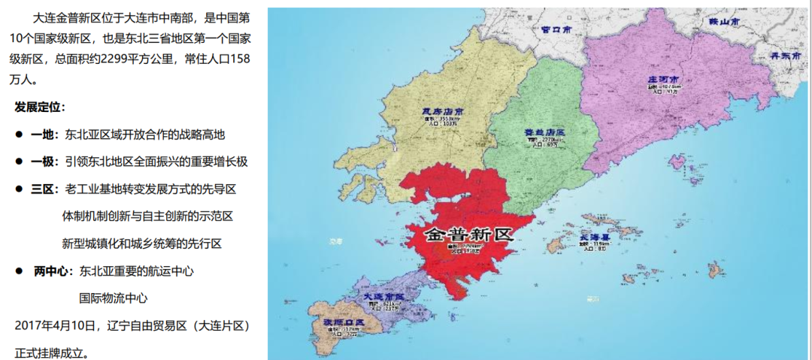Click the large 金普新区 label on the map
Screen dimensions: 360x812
(x=468, y=234)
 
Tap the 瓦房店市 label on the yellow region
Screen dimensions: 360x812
(x=443, y=113)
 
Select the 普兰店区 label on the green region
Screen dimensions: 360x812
(x=544, y=132)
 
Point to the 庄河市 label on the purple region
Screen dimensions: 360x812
(x=663, y=79)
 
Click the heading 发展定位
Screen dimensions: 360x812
(x=40, y=107)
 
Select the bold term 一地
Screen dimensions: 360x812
(x=42, y=135)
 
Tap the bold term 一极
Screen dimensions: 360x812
(x=42, y=162)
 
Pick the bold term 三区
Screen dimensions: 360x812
(x=42, y=189)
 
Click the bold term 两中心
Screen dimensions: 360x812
(x=51, y=271)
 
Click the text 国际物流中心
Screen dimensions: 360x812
(x=114, y=298)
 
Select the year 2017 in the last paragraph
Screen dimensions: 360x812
(x=29, y=325)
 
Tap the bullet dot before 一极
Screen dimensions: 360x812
(x=20, y=162)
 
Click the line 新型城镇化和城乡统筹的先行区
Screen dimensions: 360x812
(x=142, y=244)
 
